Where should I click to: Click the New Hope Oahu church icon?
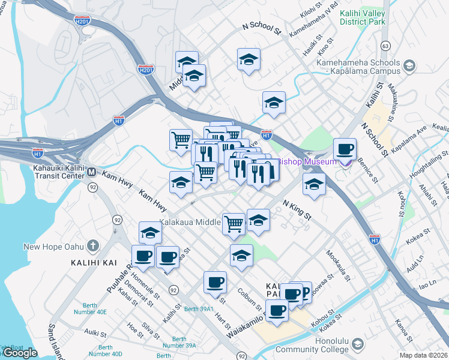(x=92, y=246)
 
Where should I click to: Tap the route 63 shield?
(x=385, y=46)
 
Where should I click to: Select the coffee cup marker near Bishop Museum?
(x=345, y=149)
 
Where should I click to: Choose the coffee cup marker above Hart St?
(x=215, y=283)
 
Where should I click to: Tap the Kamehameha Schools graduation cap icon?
(x=409, y=65)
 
